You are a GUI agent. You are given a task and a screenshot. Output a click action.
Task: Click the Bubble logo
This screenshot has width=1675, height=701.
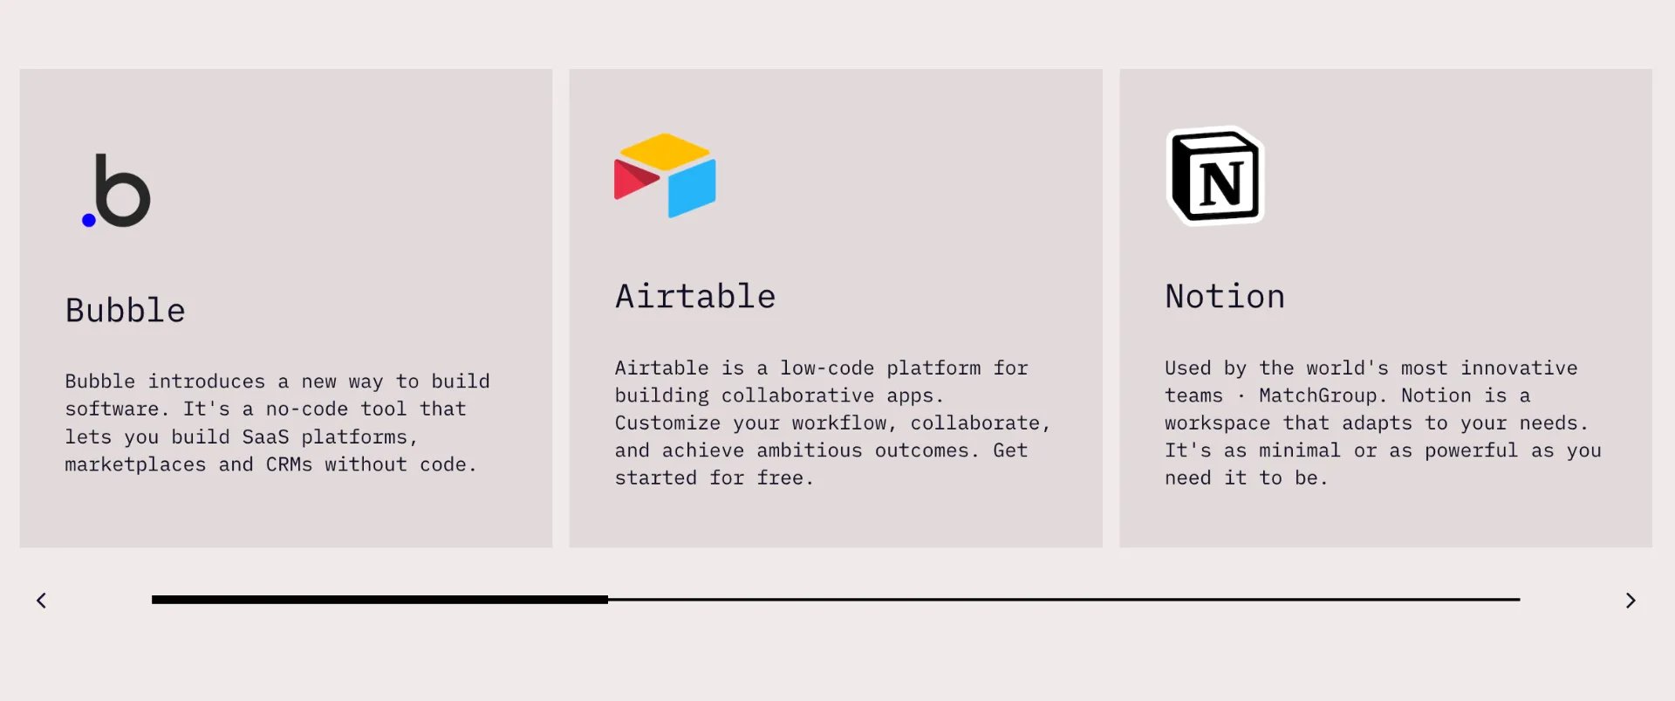[x=116, y=190]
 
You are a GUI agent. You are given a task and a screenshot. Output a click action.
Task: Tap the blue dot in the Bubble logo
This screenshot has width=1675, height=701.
[x=88, y=220]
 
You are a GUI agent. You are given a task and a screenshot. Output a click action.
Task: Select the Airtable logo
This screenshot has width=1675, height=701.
[x=665, y=175]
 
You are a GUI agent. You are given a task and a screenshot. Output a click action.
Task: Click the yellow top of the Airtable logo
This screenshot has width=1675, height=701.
[x=665, y=151]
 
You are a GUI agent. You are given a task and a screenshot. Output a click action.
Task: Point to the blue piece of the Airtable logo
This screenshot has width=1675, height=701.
[x=692, y=188]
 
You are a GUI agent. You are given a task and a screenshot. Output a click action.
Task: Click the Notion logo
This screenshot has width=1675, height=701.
[x=1215, y=175]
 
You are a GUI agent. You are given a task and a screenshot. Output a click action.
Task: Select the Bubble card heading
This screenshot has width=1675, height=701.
[x=125, y=311]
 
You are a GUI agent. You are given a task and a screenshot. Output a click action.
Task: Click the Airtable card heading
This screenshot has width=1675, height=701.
[x=695, y=297]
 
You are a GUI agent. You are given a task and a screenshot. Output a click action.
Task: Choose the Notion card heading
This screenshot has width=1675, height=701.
[x=1225, y=297]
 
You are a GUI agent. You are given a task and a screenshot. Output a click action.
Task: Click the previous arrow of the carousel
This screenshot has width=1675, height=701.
[x=41, y=601]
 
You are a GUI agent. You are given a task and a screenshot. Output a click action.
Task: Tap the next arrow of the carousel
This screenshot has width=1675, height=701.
[x=1631, y=601]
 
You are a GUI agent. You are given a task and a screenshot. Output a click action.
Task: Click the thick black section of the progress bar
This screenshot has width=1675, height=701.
[x=379, y=600]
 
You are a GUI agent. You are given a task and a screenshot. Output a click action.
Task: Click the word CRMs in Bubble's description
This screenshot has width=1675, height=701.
[x=289, y=464]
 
